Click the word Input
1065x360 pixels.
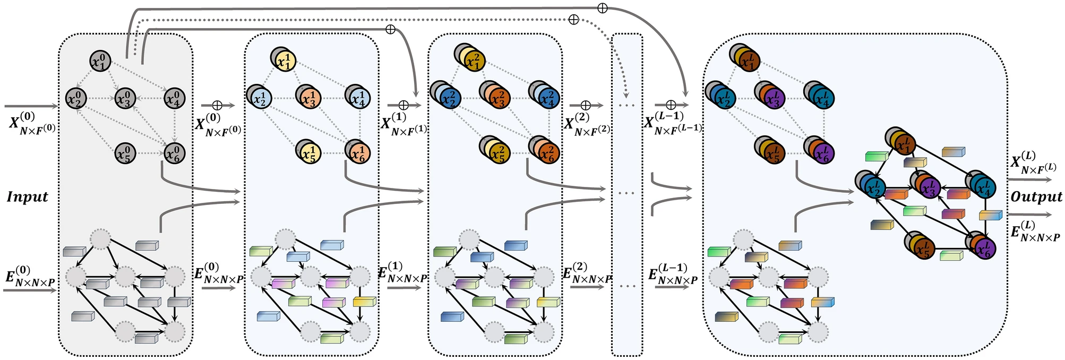pyautogui.click(x=28, y=197)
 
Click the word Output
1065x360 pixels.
pyautogui.click(x=1036, y=197)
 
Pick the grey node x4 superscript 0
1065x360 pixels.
pyautogui.click(x=174, y=98)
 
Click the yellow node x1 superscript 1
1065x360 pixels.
pyautogui.click(x=285, y=61)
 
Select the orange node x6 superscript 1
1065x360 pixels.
pyautogui.click(x=358, y=152)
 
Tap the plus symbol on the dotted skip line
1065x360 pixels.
pyautogui.click(x=573, y=20)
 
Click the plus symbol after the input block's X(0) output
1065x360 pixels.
pyautogui.click(x=217, y=106)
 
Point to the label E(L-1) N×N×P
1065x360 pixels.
pyautogui.click(x=673, y=274)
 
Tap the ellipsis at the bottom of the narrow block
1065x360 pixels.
pyautogui.click(x=627, y=287)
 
